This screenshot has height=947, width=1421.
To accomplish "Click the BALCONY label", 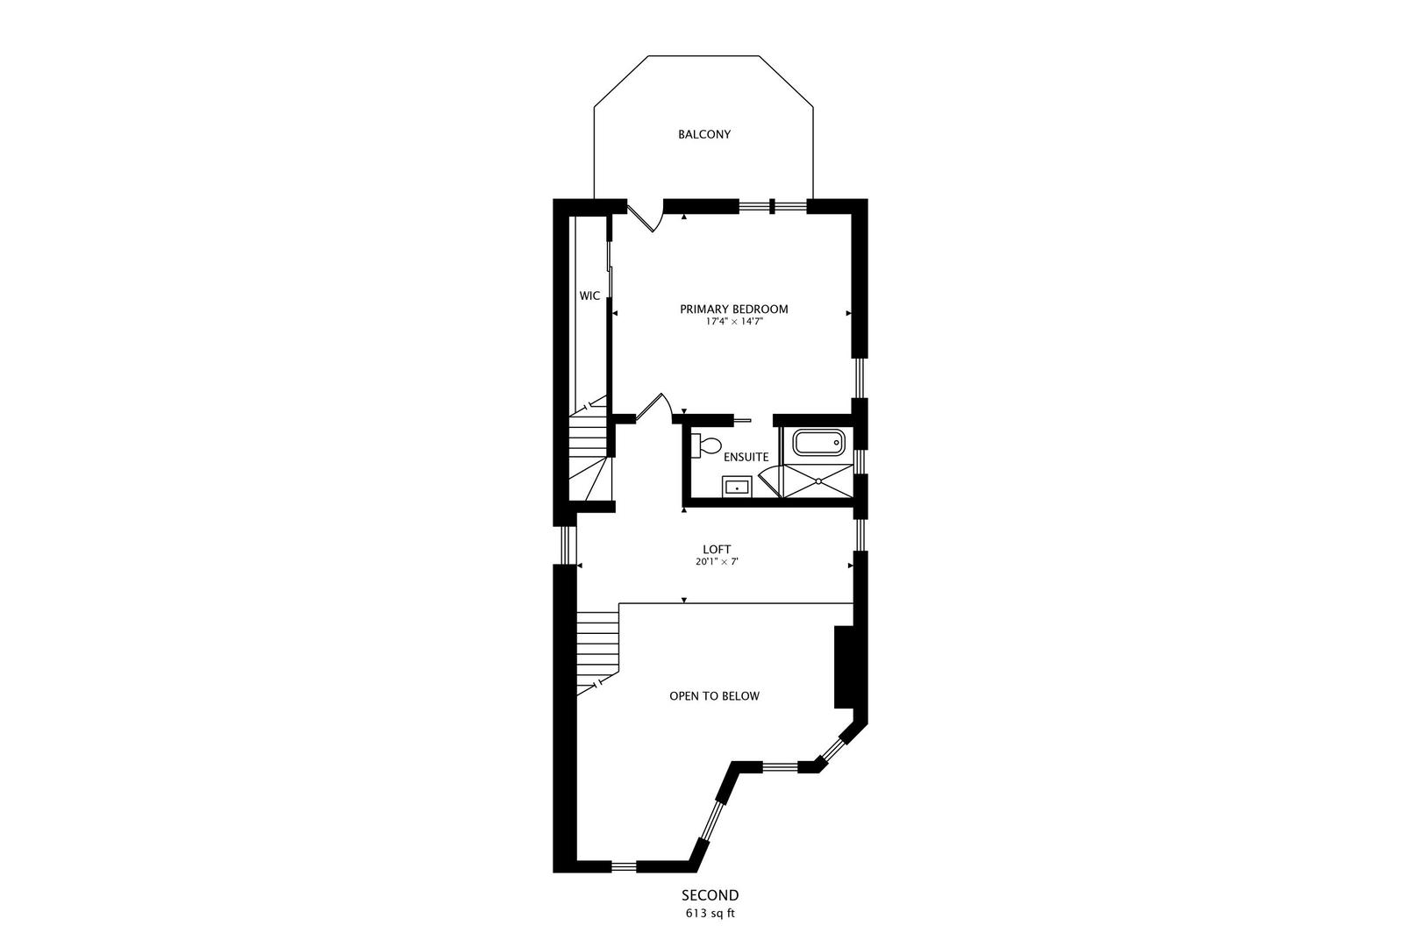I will tap(703, 134).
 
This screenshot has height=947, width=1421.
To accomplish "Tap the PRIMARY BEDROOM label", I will tap(733, 309).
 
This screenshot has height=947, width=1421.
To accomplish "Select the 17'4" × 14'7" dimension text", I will tap(733, 322).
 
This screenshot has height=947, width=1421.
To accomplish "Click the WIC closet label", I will tap(589, 296).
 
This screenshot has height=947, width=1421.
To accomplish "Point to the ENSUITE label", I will tap(746, 457).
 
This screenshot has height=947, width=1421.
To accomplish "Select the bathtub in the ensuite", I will tap(819, 442).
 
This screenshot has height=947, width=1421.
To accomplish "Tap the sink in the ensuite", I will tap(736, 486).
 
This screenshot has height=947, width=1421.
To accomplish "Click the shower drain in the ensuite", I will tap(818, 481).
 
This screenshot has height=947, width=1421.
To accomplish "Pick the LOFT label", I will tap(717, 550).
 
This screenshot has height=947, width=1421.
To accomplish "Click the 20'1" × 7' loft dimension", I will tap(717, 562).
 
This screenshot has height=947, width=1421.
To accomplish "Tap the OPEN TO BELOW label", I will tap(714, 696).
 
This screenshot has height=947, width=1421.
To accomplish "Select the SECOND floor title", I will tap(710, 895).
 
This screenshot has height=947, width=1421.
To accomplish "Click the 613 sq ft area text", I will tap(710, 913).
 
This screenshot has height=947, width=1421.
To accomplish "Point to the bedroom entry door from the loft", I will tap(653, 409).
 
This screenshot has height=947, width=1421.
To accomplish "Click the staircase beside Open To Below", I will tap(598, 649).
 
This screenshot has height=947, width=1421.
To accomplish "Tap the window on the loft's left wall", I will tap(568, 545).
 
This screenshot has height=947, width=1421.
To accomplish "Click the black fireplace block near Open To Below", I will tap(844, 666).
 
